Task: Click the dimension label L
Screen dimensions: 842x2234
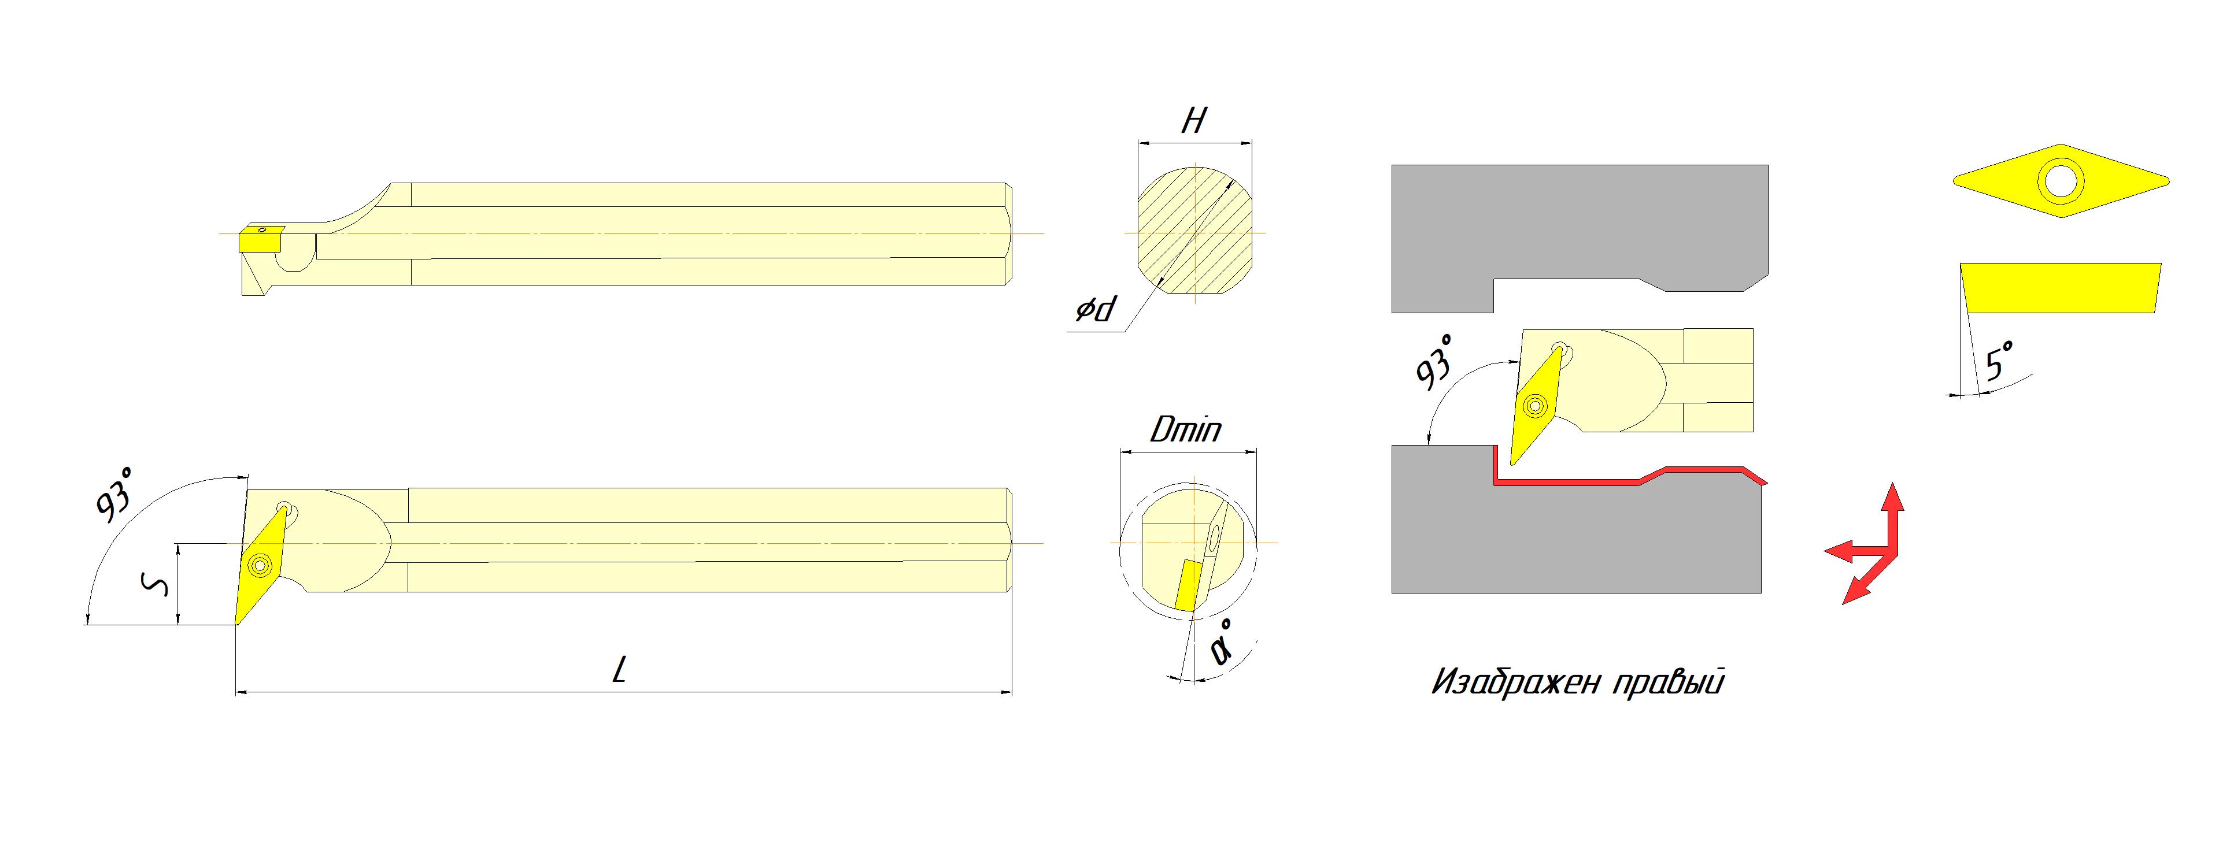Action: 619,669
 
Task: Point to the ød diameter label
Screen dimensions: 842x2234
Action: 1096,309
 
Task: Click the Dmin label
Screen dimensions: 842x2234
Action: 1185,429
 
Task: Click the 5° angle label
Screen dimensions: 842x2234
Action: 1998,362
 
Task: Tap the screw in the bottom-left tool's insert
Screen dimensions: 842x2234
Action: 258,565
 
